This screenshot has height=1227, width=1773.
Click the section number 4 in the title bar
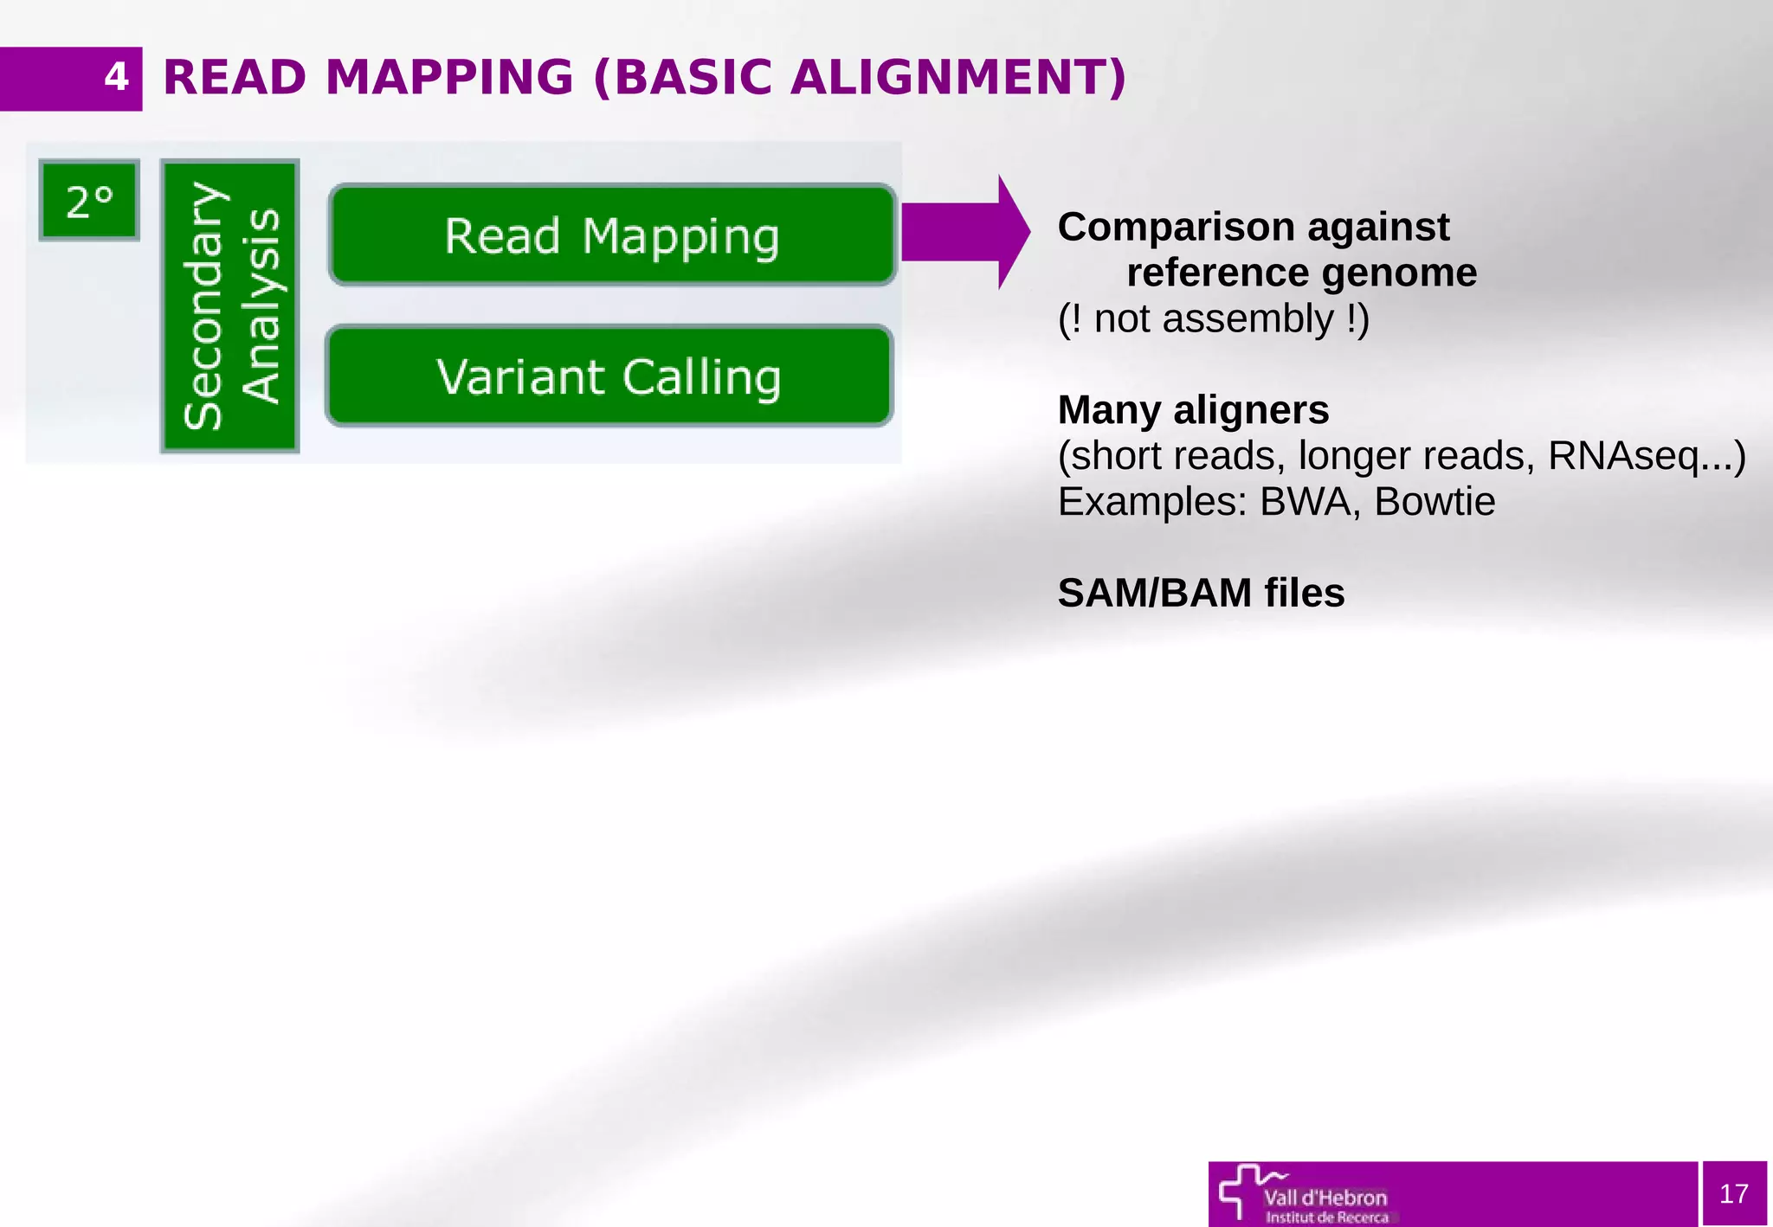coord(116,78)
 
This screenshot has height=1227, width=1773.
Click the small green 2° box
coord(89,201)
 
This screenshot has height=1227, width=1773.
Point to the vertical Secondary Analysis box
coord(230,305)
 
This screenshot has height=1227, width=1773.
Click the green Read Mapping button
coord(612,235)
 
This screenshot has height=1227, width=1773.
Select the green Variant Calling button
coord(609,376)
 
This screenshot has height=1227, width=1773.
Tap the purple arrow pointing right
coord(964,232)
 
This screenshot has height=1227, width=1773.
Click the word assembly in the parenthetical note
coord(1248,319)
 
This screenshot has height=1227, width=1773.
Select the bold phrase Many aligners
coord(1193,410)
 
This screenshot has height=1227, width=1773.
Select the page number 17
coord(1734,1194)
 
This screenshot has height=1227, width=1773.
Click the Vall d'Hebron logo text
coord(1325,1198)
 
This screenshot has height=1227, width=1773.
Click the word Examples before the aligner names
coord(1152,502)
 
